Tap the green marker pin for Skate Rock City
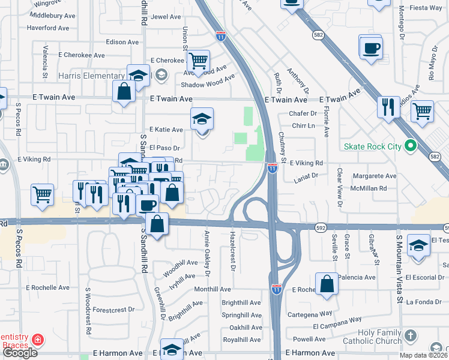pos(411,146)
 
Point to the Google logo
pos(19,352)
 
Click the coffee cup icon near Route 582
pos(370,47)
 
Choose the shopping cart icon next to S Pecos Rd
pos(43,194)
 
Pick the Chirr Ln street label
pos(303,126)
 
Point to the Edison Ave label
pos(122,42)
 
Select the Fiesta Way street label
pos(427,8)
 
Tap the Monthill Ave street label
pos(212,289)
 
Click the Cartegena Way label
pos(309,313)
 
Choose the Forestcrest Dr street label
pos(113,310)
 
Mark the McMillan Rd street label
pos(370,188)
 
